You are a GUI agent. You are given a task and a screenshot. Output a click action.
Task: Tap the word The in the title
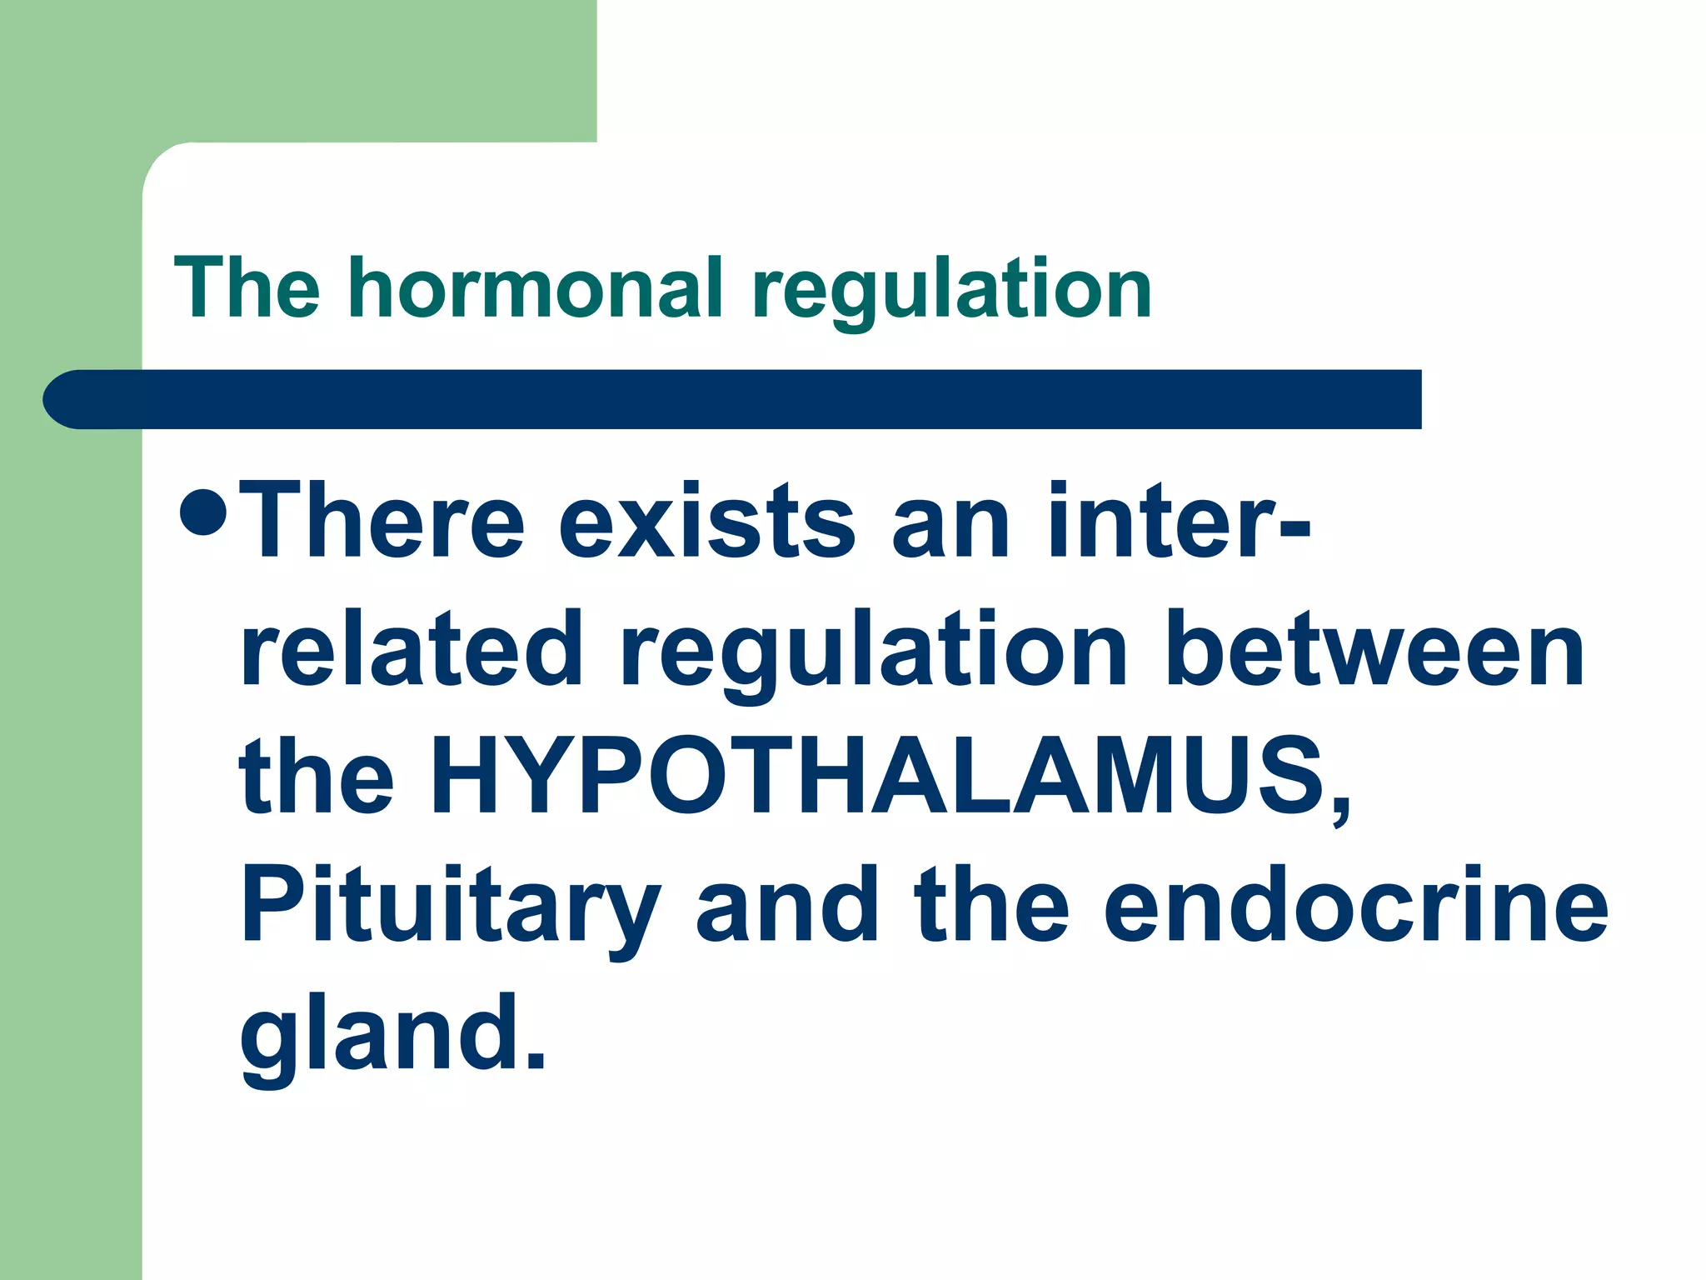pyautogui.click(x=247, y=288)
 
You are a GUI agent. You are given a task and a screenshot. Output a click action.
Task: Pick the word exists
pyautogui.click(x=706, y=522)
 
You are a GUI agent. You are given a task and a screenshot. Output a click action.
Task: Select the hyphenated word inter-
pyautogui.click(x=1178, y=522)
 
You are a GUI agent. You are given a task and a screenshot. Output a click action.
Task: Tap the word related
pyautogui.click(x=412, y=649)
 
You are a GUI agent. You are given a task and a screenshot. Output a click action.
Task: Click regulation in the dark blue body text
pyautogui.click(x=873, y=649)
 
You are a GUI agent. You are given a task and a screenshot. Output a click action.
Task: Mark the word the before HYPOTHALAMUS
pyautogui.click(x=317, y=777)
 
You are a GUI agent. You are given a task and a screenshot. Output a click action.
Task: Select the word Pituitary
pyautogui.click(x=450, y=905)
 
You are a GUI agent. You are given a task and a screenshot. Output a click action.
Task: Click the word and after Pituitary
pyautogui.click(x=787, y=905)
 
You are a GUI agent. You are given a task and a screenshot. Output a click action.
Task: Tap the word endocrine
pyautogui.click(x=1356, y=905)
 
